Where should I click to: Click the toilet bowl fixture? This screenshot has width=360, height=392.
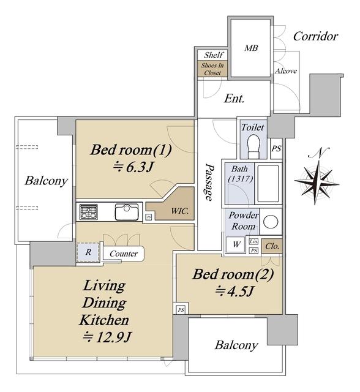click(x=253, y=146)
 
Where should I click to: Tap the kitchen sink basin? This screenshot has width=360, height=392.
click(x=126, y=212)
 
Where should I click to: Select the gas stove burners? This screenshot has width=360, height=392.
click(x=88, y=212)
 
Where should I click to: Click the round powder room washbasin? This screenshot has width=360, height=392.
click(x=271, y=221)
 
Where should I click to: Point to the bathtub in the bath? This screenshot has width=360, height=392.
click(x=268, y=183)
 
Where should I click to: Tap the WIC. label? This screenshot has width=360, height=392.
click(x=180, y=211)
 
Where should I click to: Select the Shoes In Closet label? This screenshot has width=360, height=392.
click(x=212, y=69)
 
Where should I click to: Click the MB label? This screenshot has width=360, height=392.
click(x=251, y=48)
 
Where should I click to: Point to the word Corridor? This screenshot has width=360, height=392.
click(x=315, y=37)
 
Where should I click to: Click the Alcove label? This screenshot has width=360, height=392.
click(x=286, y=71)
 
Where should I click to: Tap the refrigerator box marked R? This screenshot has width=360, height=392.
click(x=88, y=252)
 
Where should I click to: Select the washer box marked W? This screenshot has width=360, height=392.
click(x=236, y=244)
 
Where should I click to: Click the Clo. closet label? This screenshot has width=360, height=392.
click(x=272, y=246)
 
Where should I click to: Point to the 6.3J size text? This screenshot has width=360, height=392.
click(x=133, y=167)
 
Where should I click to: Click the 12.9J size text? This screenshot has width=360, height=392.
click(x=107, y=337)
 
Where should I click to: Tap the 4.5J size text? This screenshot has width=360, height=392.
click(x=235, y=291)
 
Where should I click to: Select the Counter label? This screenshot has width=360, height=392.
click(x=124, y=254)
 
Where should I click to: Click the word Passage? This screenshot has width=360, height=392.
click(x=209, y=182)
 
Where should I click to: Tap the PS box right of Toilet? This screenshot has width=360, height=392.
click(x=276, y=148)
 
